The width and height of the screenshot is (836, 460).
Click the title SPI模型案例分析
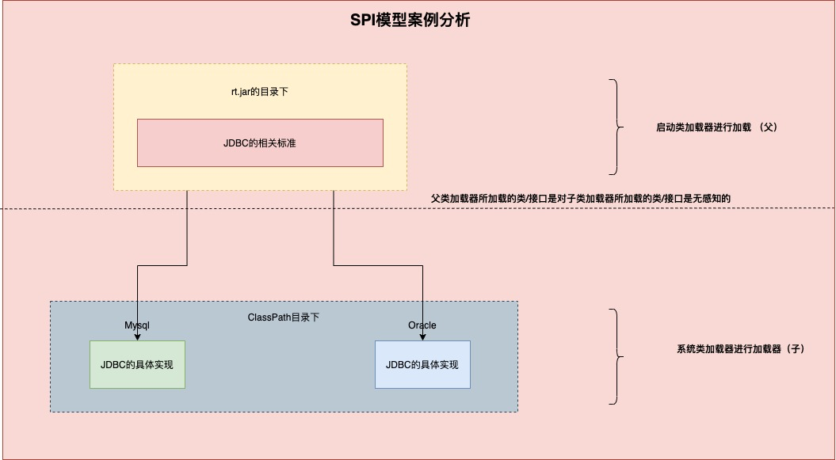[x=410, y=21]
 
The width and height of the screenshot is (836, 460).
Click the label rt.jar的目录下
[x=260, y=92]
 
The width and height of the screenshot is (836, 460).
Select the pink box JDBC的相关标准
[x=260, y=143]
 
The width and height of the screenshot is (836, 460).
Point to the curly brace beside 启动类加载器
[x=616, y=127]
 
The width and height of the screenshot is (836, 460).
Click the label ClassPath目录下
[x=284, y=317]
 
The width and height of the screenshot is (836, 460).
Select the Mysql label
[x=137, y=325]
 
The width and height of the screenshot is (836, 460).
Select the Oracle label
[x=422, y=325]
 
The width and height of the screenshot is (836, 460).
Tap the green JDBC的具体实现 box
[x=137, y=365]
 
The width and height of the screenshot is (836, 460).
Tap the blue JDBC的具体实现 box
[x=422, y=365]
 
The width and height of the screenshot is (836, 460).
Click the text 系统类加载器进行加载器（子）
[x=740, y=348]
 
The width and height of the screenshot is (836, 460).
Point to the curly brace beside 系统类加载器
[x=616, y=356]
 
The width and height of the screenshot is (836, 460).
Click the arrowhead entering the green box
[x=138, y=336]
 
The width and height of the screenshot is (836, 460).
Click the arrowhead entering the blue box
[x=422, y=336]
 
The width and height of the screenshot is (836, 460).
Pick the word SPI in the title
[x=362, y=21]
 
